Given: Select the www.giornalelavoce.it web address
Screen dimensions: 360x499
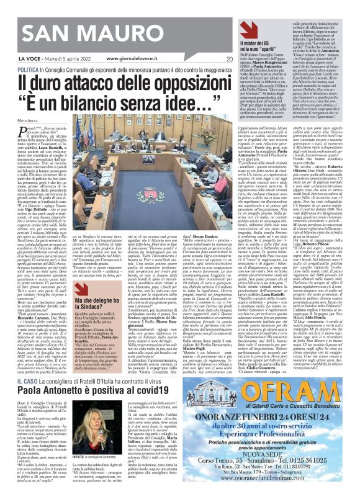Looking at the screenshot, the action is tap(135, 59).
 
